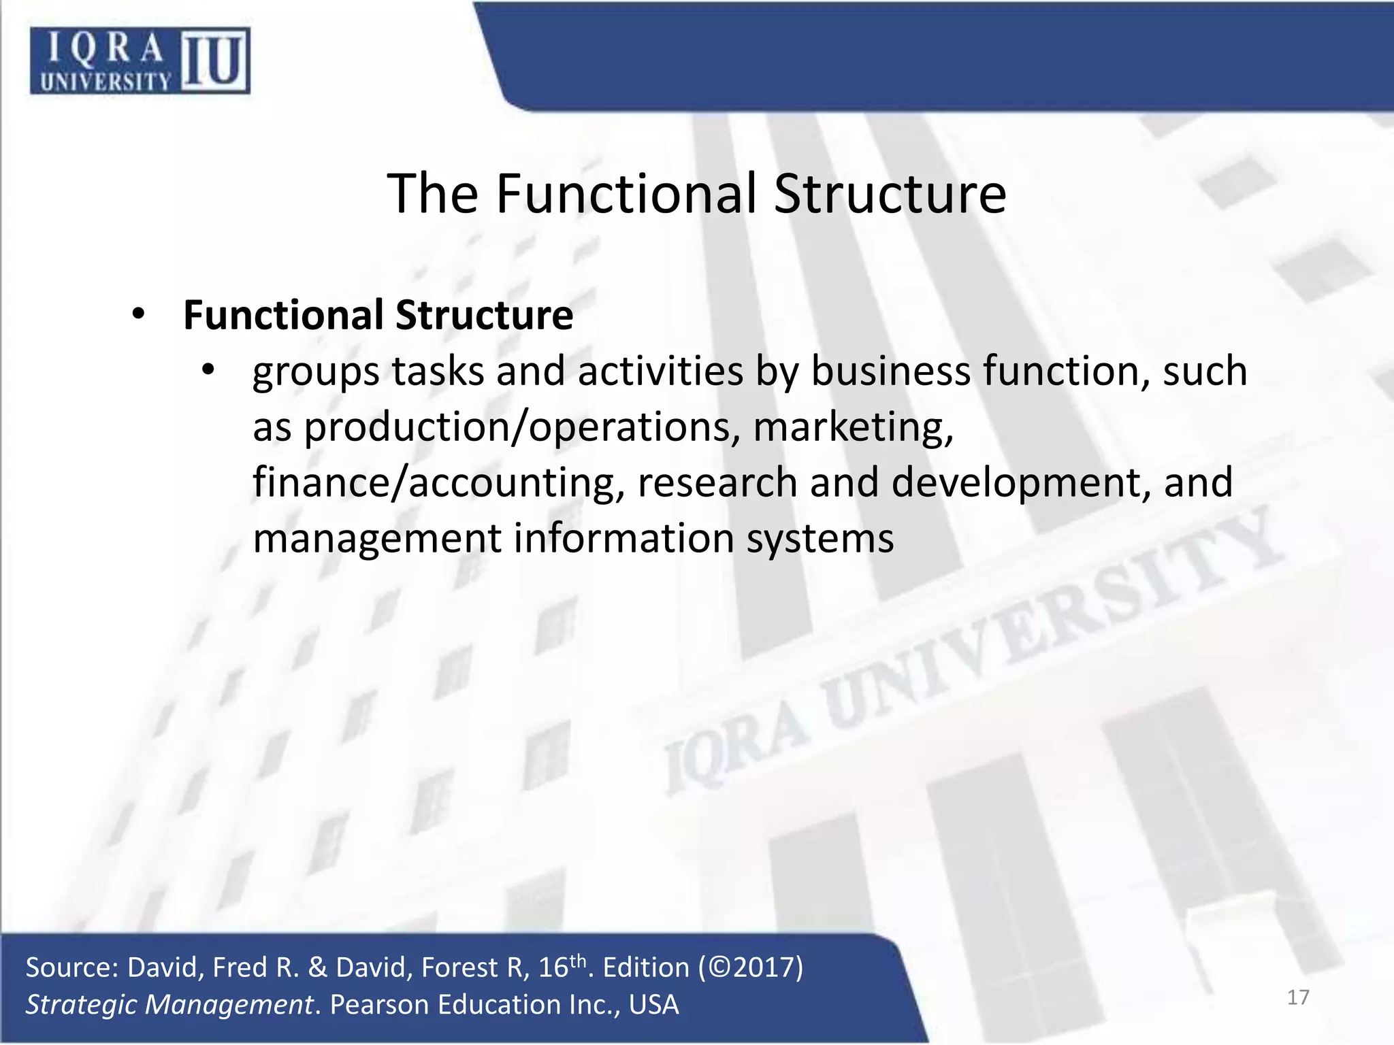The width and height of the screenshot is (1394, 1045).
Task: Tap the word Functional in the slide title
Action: point(626,195)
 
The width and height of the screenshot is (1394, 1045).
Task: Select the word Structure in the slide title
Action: point(890,195)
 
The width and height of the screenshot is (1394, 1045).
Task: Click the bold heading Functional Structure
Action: point(378,316)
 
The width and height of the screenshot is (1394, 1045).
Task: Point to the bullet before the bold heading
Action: point(139,314)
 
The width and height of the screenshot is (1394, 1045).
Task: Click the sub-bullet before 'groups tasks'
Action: point(208,371)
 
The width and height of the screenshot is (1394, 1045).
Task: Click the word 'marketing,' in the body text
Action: point(854,428)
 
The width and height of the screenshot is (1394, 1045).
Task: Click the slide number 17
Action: point(1298,997)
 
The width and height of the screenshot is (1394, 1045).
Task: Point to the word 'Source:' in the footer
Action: point(71,967)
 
